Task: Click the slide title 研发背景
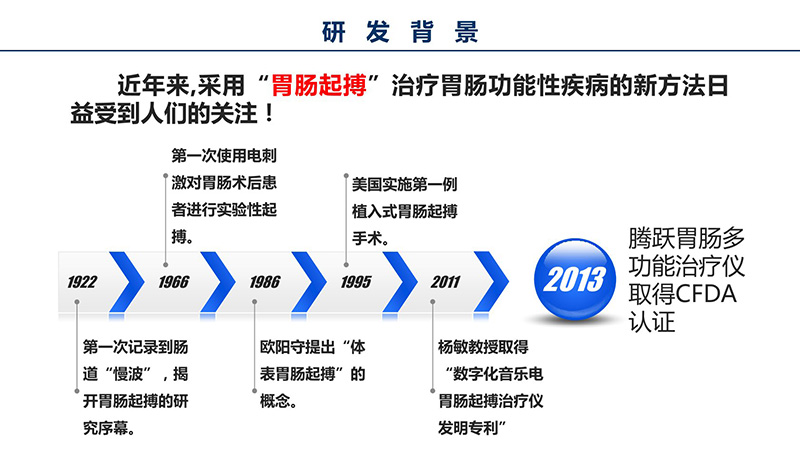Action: pyautogui.click(x=400, y=31)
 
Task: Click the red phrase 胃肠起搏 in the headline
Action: pyautogui.click(x=318, y=85)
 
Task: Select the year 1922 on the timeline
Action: pyautogui.click(x=82, y=282)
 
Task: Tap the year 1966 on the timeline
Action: pyautogui.click(x=173, y=282)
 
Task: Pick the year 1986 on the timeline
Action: pyautogui.click(x=265, y=282)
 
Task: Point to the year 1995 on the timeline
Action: pyautogui.click(x=356, y=282)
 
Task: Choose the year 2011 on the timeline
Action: pyautogui.click(x=445, y=282)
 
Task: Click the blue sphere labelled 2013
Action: pyautogui.click(x=574, y=279)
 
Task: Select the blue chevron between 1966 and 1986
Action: pyautogui.click(x=218, y=282)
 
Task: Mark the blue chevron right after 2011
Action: pyautogui.click(x=492, y=282)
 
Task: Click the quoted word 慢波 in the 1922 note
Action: pyautogui.click(x=128, y=374)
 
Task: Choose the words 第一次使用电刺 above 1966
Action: pyautogui.click(x=224, y=156)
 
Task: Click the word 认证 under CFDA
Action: pyautogui.click(x=652, y=321)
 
